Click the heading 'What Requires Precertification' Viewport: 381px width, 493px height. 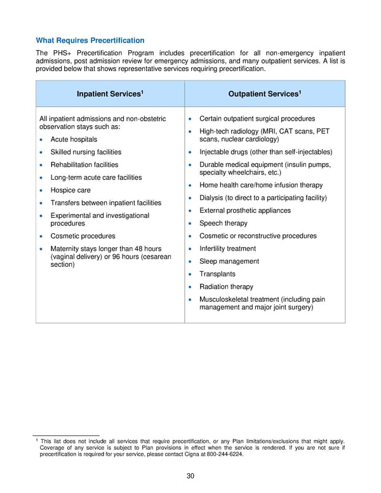coord(90,40)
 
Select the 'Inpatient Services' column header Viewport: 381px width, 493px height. coord(110,94)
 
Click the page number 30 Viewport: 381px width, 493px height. coord(190,477)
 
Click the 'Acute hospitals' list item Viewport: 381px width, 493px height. coord(74,139)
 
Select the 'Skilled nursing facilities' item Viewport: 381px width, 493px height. coord(86,152)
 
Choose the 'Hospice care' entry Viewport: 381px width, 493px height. coord(70,190)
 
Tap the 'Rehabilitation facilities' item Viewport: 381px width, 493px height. coord(84,165)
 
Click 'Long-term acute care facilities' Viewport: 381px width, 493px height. coord(96,177)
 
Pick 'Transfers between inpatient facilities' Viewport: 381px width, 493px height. coord(105,203)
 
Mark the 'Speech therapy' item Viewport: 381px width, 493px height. coord(223,224)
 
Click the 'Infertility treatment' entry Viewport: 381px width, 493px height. coord(227,248)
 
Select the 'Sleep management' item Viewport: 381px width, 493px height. coord(229,261)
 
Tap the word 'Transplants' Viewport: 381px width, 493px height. coord(217,274)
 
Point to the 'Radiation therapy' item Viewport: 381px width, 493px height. coord(226,287)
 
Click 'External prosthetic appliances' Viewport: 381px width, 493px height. coord(244,210)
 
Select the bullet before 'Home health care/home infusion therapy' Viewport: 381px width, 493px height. coord(190,186)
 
